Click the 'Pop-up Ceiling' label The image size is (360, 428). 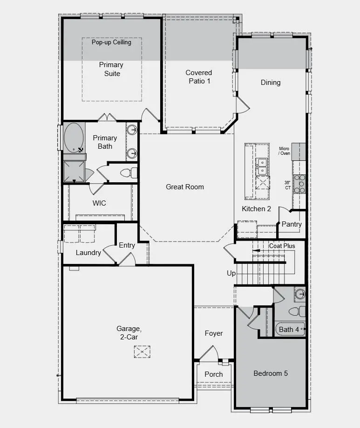(111, 42)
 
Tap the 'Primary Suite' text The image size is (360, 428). (111, 69)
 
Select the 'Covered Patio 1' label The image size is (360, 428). (199, 77)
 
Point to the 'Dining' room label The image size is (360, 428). (271, 83)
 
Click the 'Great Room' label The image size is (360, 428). (185, 187)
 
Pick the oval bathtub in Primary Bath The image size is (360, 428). (74, 137)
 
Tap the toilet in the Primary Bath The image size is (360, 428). (128, 173)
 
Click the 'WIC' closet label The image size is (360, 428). (99, 203)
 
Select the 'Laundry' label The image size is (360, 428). (88, 253)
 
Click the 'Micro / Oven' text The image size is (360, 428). (284, 151)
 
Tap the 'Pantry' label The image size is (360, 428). (292, 224)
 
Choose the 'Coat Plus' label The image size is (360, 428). (282, 246)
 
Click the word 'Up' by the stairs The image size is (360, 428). (231, 273)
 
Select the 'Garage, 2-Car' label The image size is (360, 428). (127, 332)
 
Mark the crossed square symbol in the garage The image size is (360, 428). (142, 352)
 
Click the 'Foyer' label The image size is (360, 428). (214, 333)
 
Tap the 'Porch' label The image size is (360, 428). (214, 374)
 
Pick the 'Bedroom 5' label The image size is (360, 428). (271, 373)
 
